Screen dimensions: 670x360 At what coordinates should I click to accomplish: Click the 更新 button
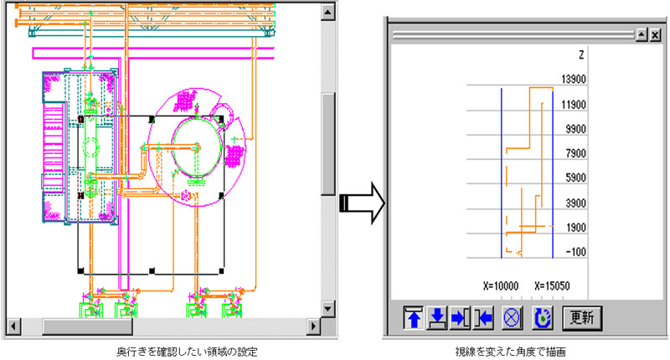[582, 318]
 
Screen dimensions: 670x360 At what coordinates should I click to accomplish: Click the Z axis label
[581, 55]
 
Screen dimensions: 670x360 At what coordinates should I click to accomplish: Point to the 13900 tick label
[574, 79]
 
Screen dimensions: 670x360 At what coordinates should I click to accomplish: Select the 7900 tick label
[575, 153]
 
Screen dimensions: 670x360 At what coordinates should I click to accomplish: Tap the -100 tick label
[575, 252]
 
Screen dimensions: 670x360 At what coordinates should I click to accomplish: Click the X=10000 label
[501, 285]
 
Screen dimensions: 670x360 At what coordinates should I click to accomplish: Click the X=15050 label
[552, 285]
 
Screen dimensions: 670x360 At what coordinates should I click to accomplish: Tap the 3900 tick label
[575, 203]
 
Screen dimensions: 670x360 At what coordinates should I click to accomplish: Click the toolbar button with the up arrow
[413, 318]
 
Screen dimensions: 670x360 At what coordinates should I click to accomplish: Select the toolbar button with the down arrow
[436, 318]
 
